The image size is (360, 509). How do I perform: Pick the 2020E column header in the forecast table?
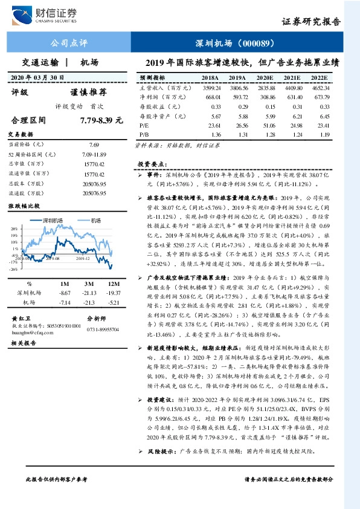[x=265, y=79]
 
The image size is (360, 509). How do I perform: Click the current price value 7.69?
[x=94, y=146]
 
